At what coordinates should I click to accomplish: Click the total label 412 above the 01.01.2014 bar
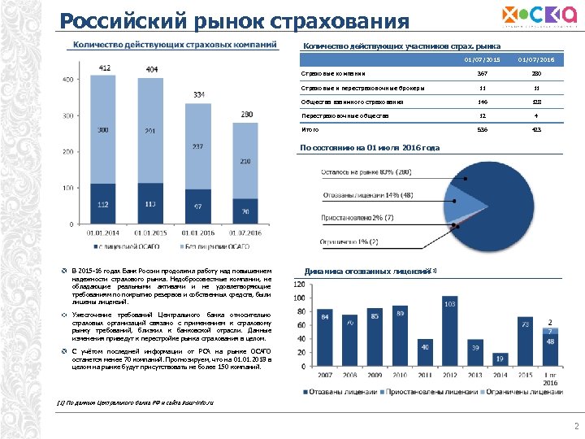(104, 67)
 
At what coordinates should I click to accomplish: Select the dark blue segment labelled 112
(104, 204)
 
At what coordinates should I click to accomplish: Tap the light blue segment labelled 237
(197, 147)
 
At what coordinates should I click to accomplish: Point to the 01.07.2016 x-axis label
(244, 233)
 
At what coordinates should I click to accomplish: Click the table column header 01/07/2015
(482, 59)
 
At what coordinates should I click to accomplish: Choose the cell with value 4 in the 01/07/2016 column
(537, 115)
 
